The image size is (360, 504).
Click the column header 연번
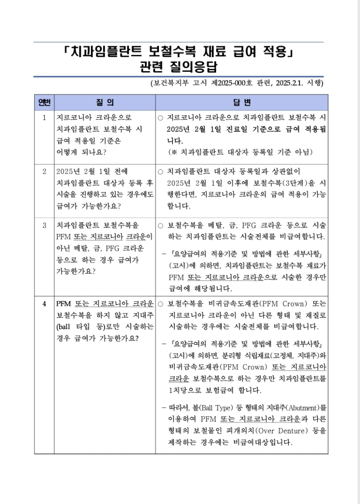[x=44, y=102]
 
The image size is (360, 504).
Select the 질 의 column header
[x=106, y=102]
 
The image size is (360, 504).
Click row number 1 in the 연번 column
[x=44, y=117]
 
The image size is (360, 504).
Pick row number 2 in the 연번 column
[x=44, y=172]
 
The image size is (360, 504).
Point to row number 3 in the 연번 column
[x=44, y=225]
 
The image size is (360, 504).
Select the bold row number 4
[x=44, y=304]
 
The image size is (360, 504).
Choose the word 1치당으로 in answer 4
[x=185, y=390]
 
